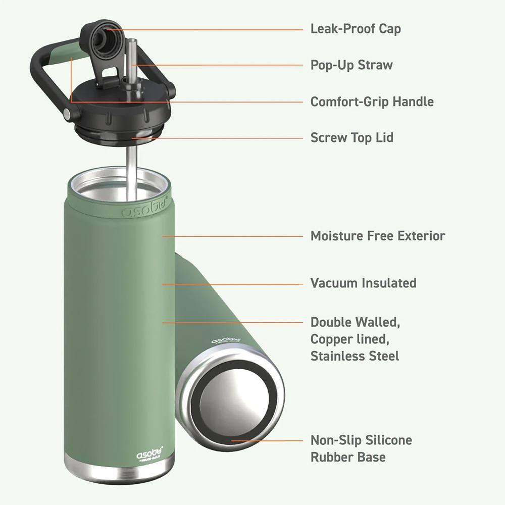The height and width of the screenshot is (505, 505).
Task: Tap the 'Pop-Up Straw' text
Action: coord(351,65)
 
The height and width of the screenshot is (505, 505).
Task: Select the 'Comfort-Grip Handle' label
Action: coord(372,102)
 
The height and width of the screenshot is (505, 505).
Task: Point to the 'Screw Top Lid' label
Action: coord(351,138)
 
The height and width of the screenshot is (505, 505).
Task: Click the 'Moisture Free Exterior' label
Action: coord(378,236)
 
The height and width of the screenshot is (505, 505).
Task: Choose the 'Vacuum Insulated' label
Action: coord(363,283)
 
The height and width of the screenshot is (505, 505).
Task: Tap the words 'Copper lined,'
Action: coord(350,338)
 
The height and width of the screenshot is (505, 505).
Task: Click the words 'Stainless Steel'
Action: coord(355,356)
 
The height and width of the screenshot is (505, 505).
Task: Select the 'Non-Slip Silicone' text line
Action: coord(361,440)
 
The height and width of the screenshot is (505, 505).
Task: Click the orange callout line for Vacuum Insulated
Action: coord(232,283)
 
